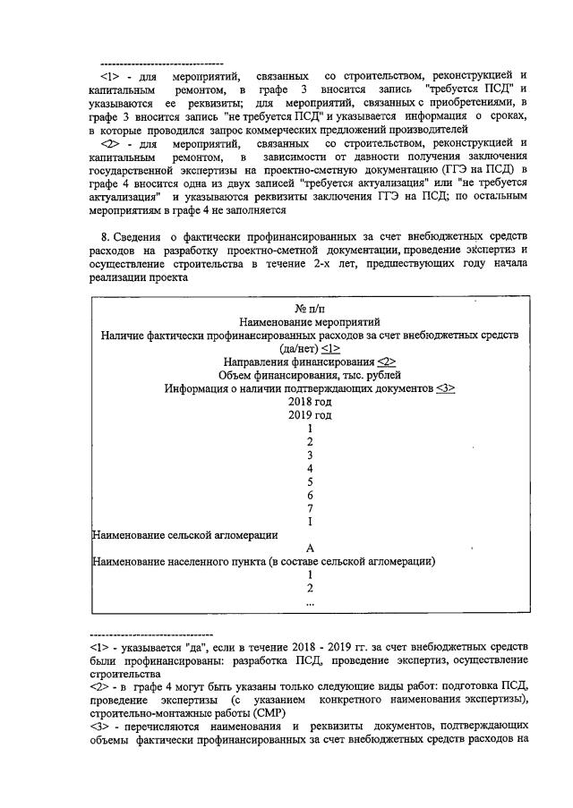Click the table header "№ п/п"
click(x=309, y=308)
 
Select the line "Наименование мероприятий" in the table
click(x=309, y=321)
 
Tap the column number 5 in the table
click(x=309, y=481)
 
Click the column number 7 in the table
click(x=309, y=508)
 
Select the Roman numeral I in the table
click(x=309, y=522)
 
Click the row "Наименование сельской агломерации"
click(x=184, y=535)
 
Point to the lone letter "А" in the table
click(x=309, y=549)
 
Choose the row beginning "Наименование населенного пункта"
click(x=263, y=562)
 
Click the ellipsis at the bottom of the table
click(x=309, y=602)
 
